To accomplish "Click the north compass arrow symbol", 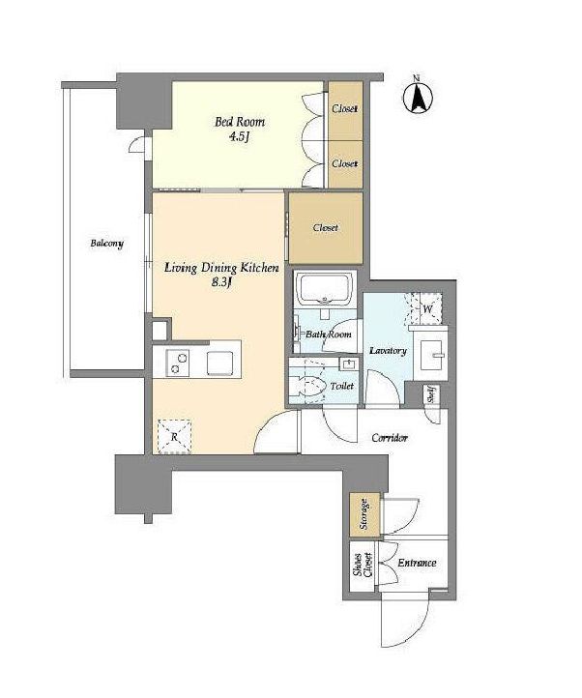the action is [x=419, y=97].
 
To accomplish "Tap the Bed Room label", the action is [x=240, y=122].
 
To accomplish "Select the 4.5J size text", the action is [x=238, y=136].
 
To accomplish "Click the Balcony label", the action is [x=107, y=244].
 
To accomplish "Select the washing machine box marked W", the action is [x=426, y=309].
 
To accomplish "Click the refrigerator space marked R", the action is [x=175, y=436].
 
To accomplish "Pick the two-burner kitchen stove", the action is [x=177, y=363].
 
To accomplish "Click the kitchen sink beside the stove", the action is [x=219, y=363].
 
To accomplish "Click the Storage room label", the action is [x=364, y=514].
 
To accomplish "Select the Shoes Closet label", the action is [x=363, y=566].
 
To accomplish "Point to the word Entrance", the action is [x=417, y=563].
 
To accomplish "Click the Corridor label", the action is [x=390, y=438].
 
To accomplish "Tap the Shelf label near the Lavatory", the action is [x=430, y=394].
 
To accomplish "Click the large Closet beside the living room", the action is [x=326, y=228].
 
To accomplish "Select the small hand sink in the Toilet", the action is [x=348, y=364].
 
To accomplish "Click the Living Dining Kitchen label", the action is [x=221, y=268].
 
